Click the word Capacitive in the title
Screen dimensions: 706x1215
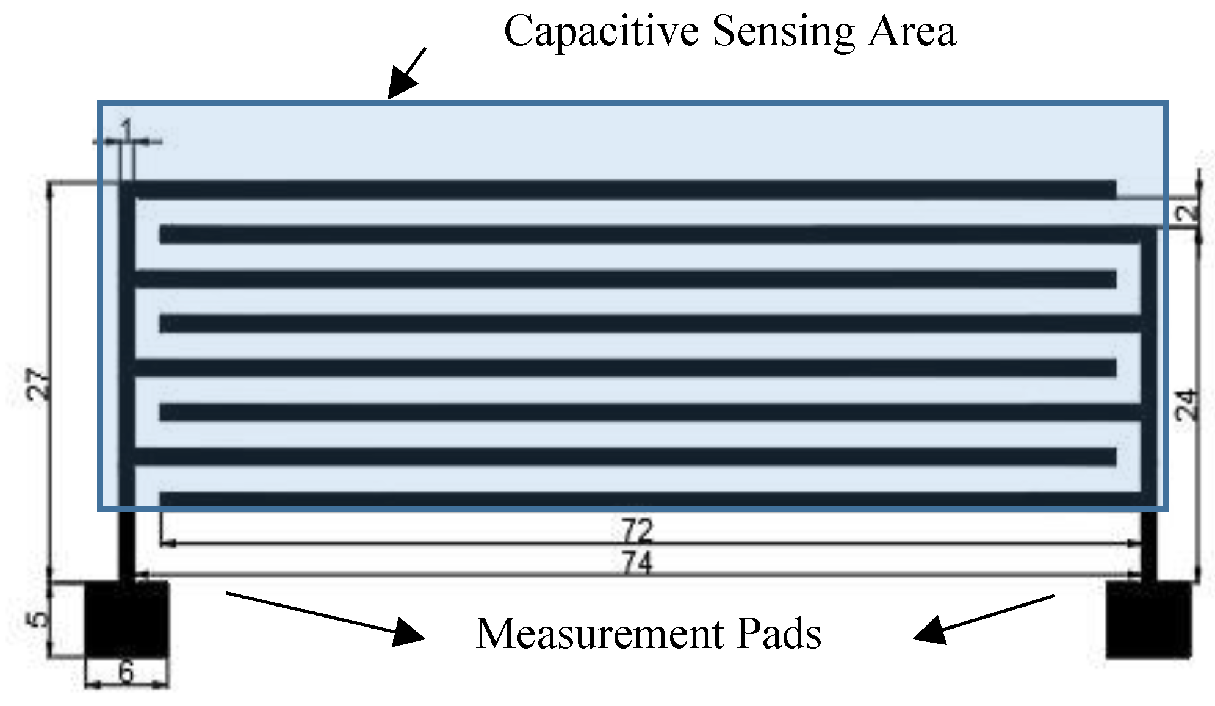pyautogui.click(x=600, y=32)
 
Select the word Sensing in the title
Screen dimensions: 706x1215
pyautogui.click(x=783, y=32)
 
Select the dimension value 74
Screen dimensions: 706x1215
pyautogui.click(x=637, y=563)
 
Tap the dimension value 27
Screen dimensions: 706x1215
pyautogui.click(x=38, y=384)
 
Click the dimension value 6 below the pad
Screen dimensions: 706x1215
pyautogui.click(x=126, y=672)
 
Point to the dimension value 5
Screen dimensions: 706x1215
pyautogui.click(x=38, y=619)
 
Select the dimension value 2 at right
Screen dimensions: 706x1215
pyautogui.click(x=1188, y=213)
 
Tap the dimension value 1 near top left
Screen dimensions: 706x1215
pyautogui.click(x=126, y=129)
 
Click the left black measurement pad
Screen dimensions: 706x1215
pyautogui.click(x=126, y=619)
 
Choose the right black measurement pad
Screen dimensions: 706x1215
pyautogui.click(x=1148, y=619)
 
